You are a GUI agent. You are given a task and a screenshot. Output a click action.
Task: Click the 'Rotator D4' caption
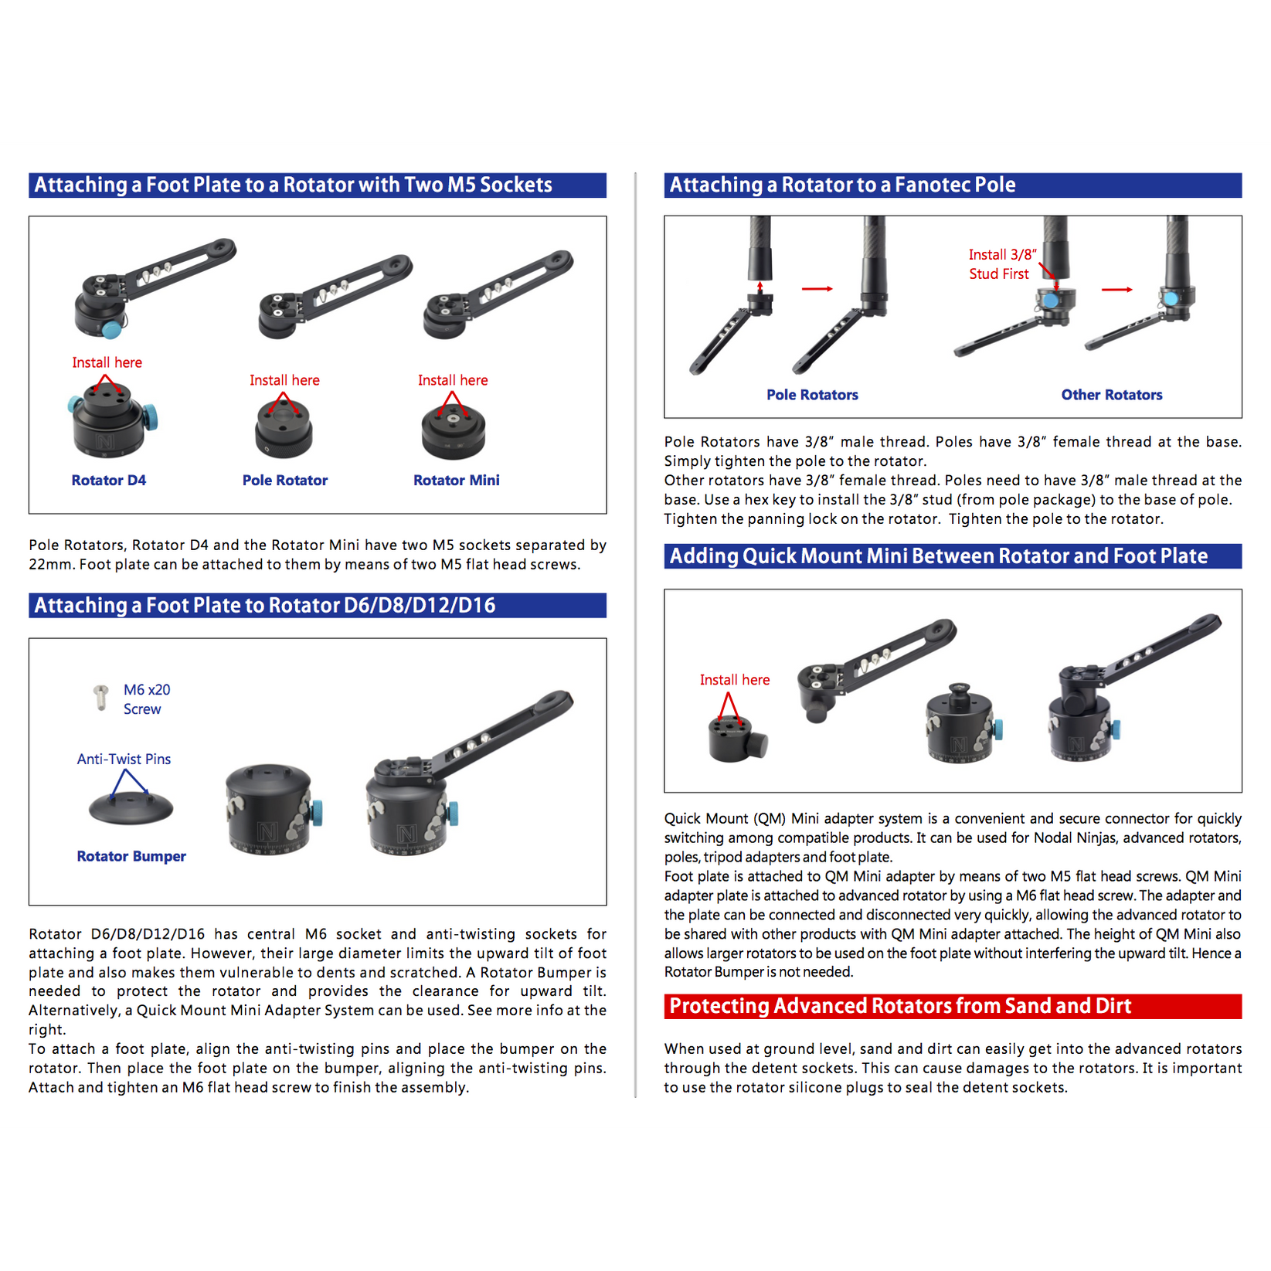pos(108,480)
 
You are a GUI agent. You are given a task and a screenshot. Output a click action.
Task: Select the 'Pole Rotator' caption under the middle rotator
pos(284,480)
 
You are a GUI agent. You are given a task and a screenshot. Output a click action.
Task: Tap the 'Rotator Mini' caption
pos(456,480)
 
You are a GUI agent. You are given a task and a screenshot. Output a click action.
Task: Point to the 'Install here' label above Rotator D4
pos(107,362)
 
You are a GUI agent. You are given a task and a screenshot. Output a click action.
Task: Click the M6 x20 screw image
pos(100,696)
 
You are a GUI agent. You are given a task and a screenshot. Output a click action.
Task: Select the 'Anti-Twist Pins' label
pos(124,759)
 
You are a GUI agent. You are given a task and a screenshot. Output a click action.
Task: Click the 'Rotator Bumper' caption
pos(131,856)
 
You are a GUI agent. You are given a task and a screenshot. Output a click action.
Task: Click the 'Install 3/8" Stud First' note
pos(1001,263)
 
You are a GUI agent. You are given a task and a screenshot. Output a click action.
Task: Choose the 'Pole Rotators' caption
pos(812,395)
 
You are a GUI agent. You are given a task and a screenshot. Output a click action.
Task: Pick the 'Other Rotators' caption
pos(1111,395)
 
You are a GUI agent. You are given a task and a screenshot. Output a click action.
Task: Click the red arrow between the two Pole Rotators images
pos(817,288)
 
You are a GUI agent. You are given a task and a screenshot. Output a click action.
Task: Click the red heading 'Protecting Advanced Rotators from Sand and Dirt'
pos(900,1006)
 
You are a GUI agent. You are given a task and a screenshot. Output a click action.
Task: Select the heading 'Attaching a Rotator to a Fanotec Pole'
pos(842,185)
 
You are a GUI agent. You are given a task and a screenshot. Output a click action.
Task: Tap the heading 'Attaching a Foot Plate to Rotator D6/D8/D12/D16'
pos(265,605)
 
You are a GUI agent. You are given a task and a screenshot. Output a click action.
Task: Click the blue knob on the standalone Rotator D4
pos(152,418)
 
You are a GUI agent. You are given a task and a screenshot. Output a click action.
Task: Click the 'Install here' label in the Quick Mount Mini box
pos(734,680)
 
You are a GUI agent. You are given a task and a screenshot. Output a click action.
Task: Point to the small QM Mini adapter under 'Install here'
pos(736,739)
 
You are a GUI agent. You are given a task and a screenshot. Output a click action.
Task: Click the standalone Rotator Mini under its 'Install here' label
pos(453,430)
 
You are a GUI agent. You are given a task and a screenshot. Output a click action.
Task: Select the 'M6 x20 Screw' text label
pos(146,699)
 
